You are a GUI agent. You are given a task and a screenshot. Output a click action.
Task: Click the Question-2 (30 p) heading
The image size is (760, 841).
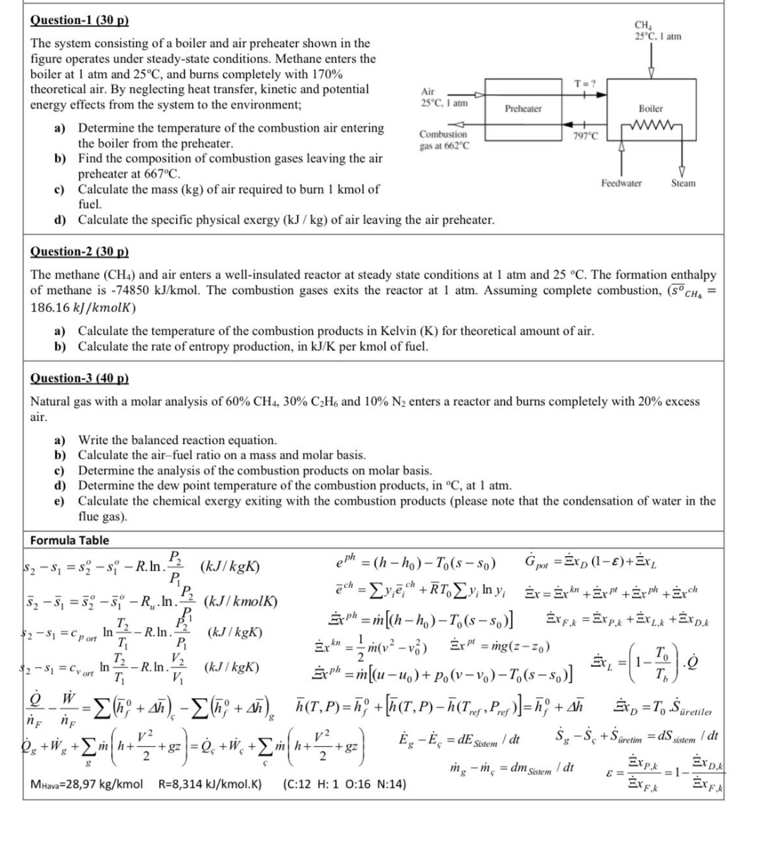[x=80, y=251]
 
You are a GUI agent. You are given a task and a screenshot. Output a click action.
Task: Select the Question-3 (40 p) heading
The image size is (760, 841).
[x=80, y=378]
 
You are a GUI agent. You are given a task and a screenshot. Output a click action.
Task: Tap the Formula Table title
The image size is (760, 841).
[x=70, y=540]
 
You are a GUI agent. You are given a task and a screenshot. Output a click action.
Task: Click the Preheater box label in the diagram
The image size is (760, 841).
[x=524, y=109]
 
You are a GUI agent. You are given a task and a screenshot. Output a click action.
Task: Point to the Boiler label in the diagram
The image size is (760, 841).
[x=650, y=108]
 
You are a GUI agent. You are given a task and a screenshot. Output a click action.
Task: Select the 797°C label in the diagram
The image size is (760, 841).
[x=585, y=136]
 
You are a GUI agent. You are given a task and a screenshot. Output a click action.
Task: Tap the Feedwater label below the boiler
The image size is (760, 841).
[x=621, y=183]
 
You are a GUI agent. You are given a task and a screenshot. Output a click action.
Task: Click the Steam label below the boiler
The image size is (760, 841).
[x=683, y=183]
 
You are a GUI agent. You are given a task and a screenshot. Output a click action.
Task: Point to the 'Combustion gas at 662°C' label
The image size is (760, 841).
[x=443, y=139]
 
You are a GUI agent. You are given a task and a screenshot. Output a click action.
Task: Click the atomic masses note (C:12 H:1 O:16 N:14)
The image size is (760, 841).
[x=345, y=784]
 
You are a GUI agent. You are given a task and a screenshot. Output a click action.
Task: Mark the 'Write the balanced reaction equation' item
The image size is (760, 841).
[x=177, y=440]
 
